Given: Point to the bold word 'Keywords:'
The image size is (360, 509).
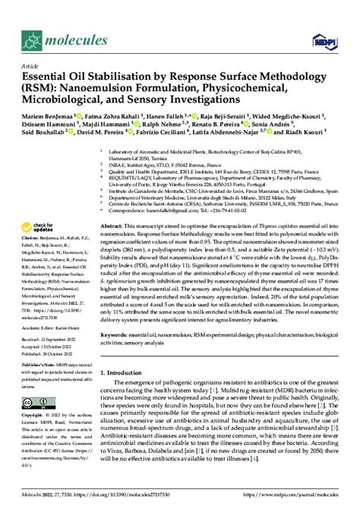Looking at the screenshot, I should coord(118,334).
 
